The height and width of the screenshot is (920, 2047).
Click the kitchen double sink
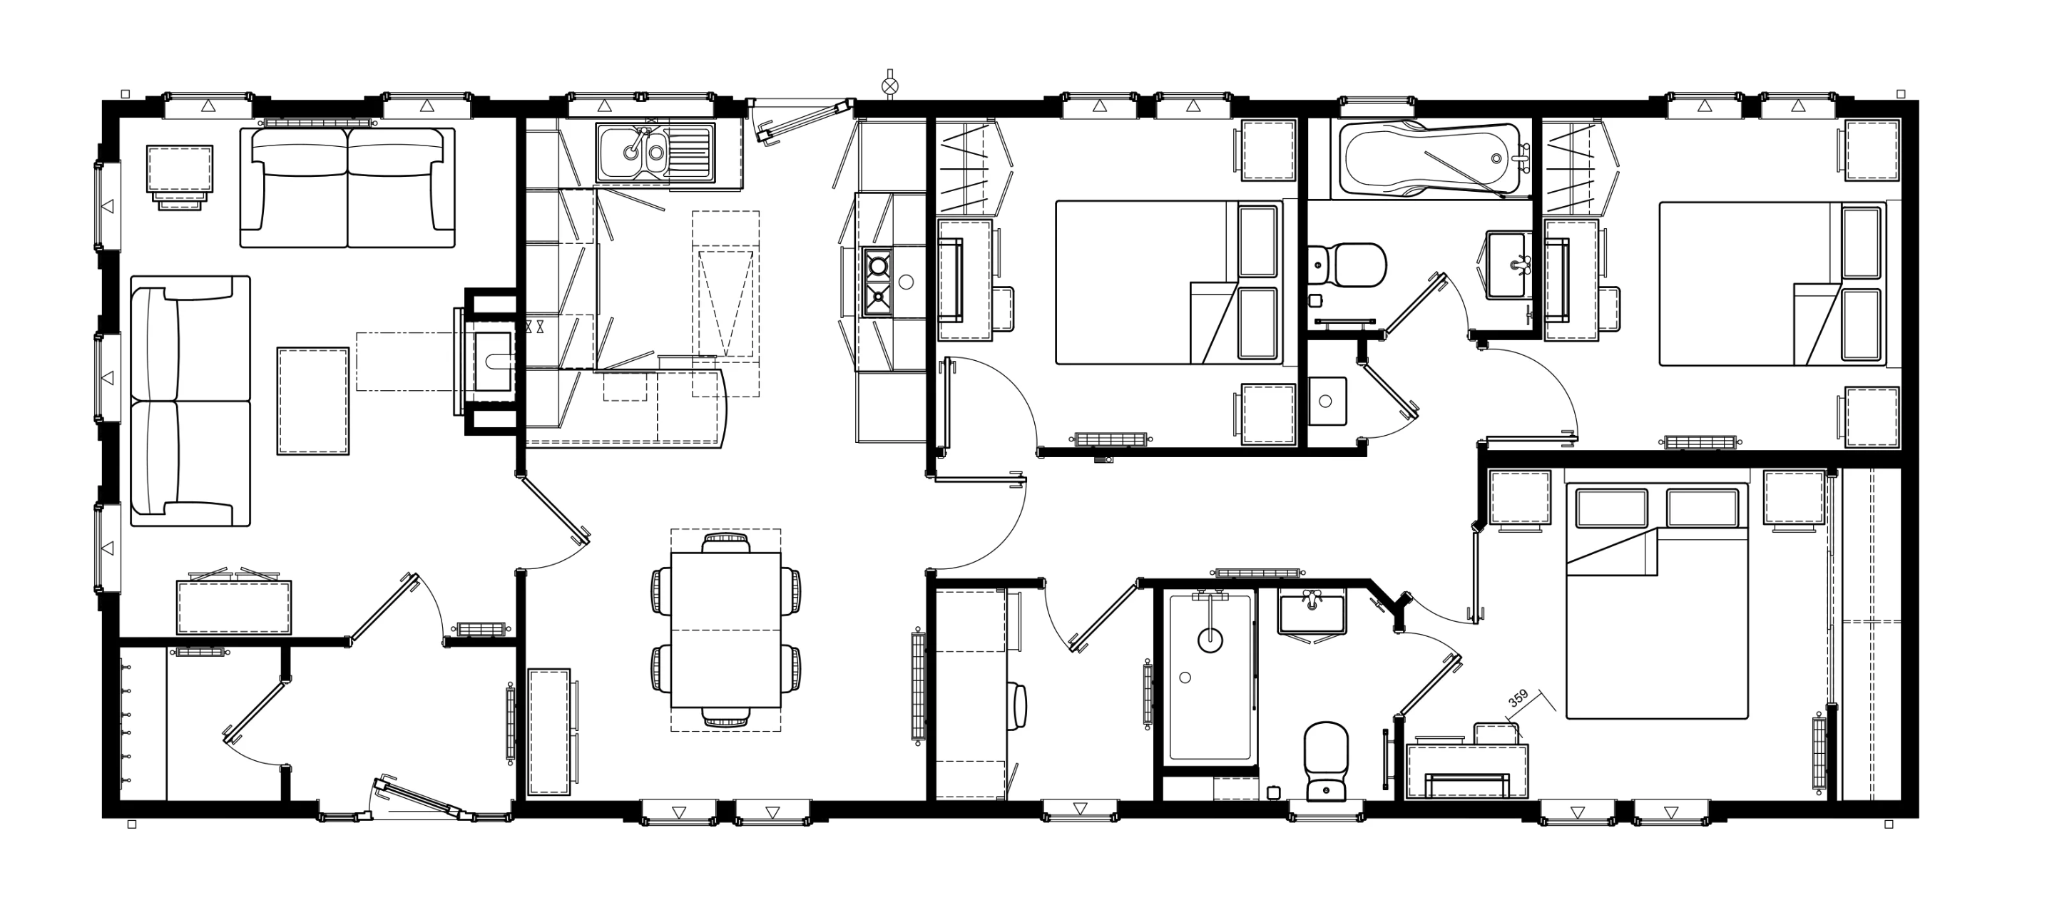656,152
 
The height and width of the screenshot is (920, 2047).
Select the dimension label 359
1518,699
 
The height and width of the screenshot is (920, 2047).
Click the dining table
725,629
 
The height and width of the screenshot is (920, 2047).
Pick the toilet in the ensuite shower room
1326,761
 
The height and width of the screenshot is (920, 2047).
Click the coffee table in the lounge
313,402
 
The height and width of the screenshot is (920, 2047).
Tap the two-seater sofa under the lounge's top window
348,188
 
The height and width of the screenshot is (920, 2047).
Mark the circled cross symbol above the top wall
890,85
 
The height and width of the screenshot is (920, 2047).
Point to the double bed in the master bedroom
1657,600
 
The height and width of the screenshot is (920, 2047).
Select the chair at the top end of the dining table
725,543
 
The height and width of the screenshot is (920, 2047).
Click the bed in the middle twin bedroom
1168,283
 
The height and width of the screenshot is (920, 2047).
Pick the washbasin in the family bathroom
1506,265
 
